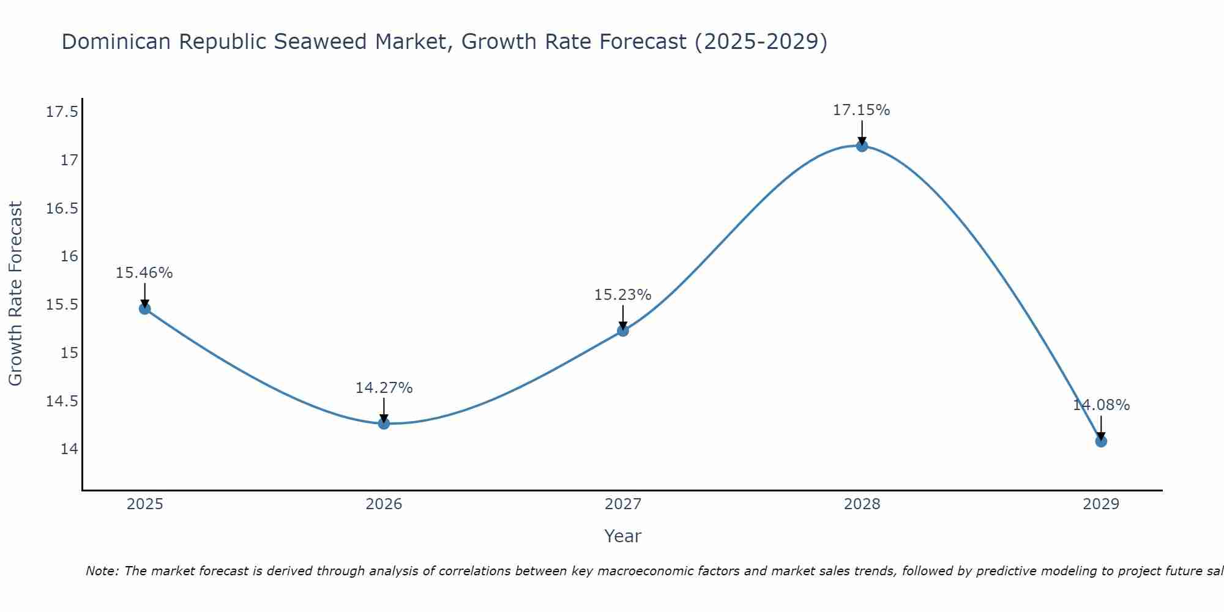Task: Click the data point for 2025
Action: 144,308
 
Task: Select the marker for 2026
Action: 384,423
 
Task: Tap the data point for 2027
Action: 623,330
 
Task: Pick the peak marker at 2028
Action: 862,146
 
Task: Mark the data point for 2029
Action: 1101,441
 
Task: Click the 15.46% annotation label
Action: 144,273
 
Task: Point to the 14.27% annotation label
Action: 384,388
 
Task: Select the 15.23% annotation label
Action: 623,295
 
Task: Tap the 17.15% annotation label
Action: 862,110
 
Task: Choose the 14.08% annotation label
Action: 1101,405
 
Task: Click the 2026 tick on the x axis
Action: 384,504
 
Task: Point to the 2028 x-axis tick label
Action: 862,504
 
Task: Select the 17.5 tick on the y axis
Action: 62,112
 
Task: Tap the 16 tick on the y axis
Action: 69,256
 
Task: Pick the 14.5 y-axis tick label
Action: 62,401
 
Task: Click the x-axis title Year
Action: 622,536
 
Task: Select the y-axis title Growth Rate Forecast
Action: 16,293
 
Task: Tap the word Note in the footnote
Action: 102,571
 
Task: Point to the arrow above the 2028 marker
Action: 862,131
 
